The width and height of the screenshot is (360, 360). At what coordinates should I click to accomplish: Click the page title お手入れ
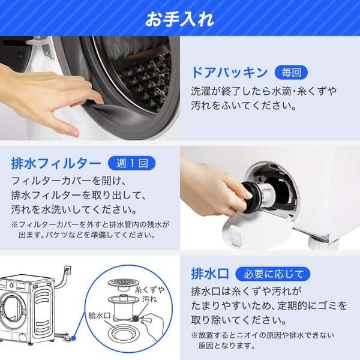click(x=179, y=18)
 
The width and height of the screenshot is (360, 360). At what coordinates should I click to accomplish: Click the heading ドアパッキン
click(x=229, y=73)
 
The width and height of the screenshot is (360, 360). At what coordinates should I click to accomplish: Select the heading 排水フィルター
click(x=56, y=163)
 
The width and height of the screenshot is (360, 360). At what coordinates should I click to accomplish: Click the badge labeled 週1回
click(x=131, y=163)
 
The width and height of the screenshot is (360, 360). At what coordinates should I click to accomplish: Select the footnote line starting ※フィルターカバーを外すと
click(x=90, y=225)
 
